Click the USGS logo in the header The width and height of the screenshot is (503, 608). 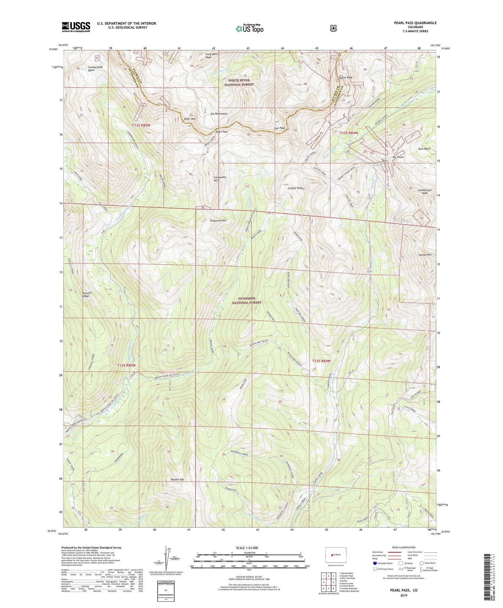point(76,27)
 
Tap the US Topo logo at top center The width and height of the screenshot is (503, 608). point(249,29)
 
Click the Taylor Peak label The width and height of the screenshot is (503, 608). point(345,77)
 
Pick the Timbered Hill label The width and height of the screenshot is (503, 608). point(218,221)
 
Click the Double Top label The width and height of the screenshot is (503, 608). point(177,480)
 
